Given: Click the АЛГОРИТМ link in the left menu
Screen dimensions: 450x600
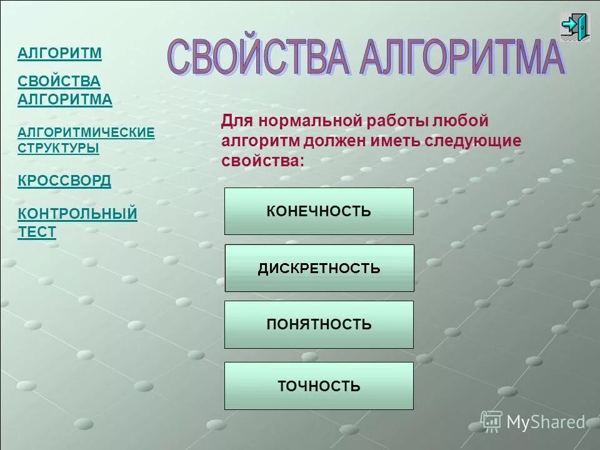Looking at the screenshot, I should point(59,53).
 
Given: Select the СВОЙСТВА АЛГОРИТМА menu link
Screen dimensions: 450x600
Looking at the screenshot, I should point(65,90).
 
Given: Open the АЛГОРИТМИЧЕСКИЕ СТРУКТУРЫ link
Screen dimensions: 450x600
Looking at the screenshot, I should point(86,140).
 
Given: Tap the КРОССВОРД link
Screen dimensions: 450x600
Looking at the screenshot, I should point(64,181).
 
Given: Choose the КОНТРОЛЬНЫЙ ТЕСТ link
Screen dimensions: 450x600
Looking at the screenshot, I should point(77,222).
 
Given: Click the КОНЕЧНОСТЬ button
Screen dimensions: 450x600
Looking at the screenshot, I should point(319,211).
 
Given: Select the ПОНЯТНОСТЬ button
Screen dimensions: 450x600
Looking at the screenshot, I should point(319,324).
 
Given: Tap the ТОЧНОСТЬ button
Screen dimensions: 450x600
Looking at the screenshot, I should point(319,386).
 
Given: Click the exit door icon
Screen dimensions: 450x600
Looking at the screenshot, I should point(574,27).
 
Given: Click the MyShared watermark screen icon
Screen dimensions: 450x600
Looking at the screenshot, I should point(491,422).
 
